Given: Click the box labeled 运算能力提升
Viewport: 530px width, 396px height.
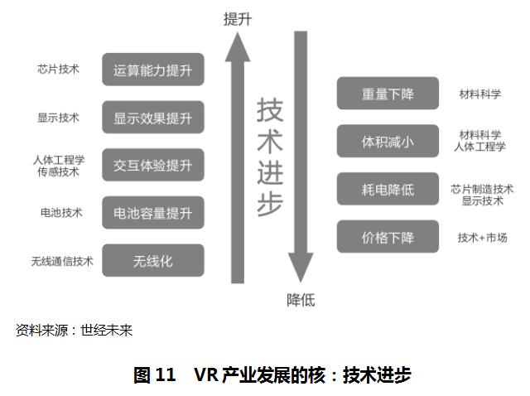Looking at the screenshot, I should (x=153, y=70).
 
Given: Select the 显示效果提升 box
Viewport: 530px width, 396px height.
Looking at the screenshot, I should (x=153, y=118).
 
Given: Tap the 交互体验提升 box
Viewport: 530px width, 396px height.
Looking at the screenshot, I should (x=153, y=165).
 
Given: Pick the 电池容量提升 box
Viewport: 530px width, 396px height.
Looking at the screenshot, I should (x=153, y=213).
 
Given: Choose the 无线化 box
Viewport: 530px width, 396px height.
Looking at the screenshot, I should (x=153, y=261).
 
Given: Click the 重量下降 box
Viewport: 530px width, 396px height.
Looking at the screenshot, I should (x=388, y=94).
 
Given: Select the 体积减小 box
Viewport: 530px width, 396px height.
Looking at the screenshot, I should (x=388, y=142).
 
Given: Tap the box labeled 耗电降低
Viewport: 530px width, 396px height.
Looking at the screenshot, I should (x=388, y=189).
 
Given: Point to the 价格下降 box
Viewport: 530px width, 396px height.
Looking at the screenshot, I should (x=388, y=237).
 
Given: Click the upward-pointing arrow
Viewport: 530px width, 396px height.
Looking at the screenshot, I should (x=238, y=157).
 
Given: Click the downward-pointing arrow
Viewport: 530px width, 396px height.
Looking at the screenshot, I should (x=300, y=157).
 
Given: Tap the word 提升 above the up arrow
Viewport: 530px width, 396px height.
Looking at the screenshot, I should (x=238, y=19).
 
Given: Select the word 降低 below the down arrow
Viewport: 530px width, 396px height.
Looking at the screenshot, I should (x=301, y=300).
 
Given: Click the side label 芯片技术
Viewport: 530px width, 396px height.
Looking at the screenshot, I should (x=59, y=70).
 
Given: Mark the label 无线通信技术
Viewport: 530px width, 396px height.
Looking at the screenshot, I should (x=62, y=262).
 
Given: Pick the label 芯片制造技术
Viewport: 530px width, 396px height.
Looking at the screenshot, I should (x=483, y=188).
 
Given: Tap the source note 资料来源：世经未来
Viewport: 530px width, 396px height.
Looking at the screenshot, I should (x=74, y=331).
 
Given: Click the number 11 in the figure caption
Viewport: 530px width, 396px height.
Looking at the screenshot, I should (x=166, y=374).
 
